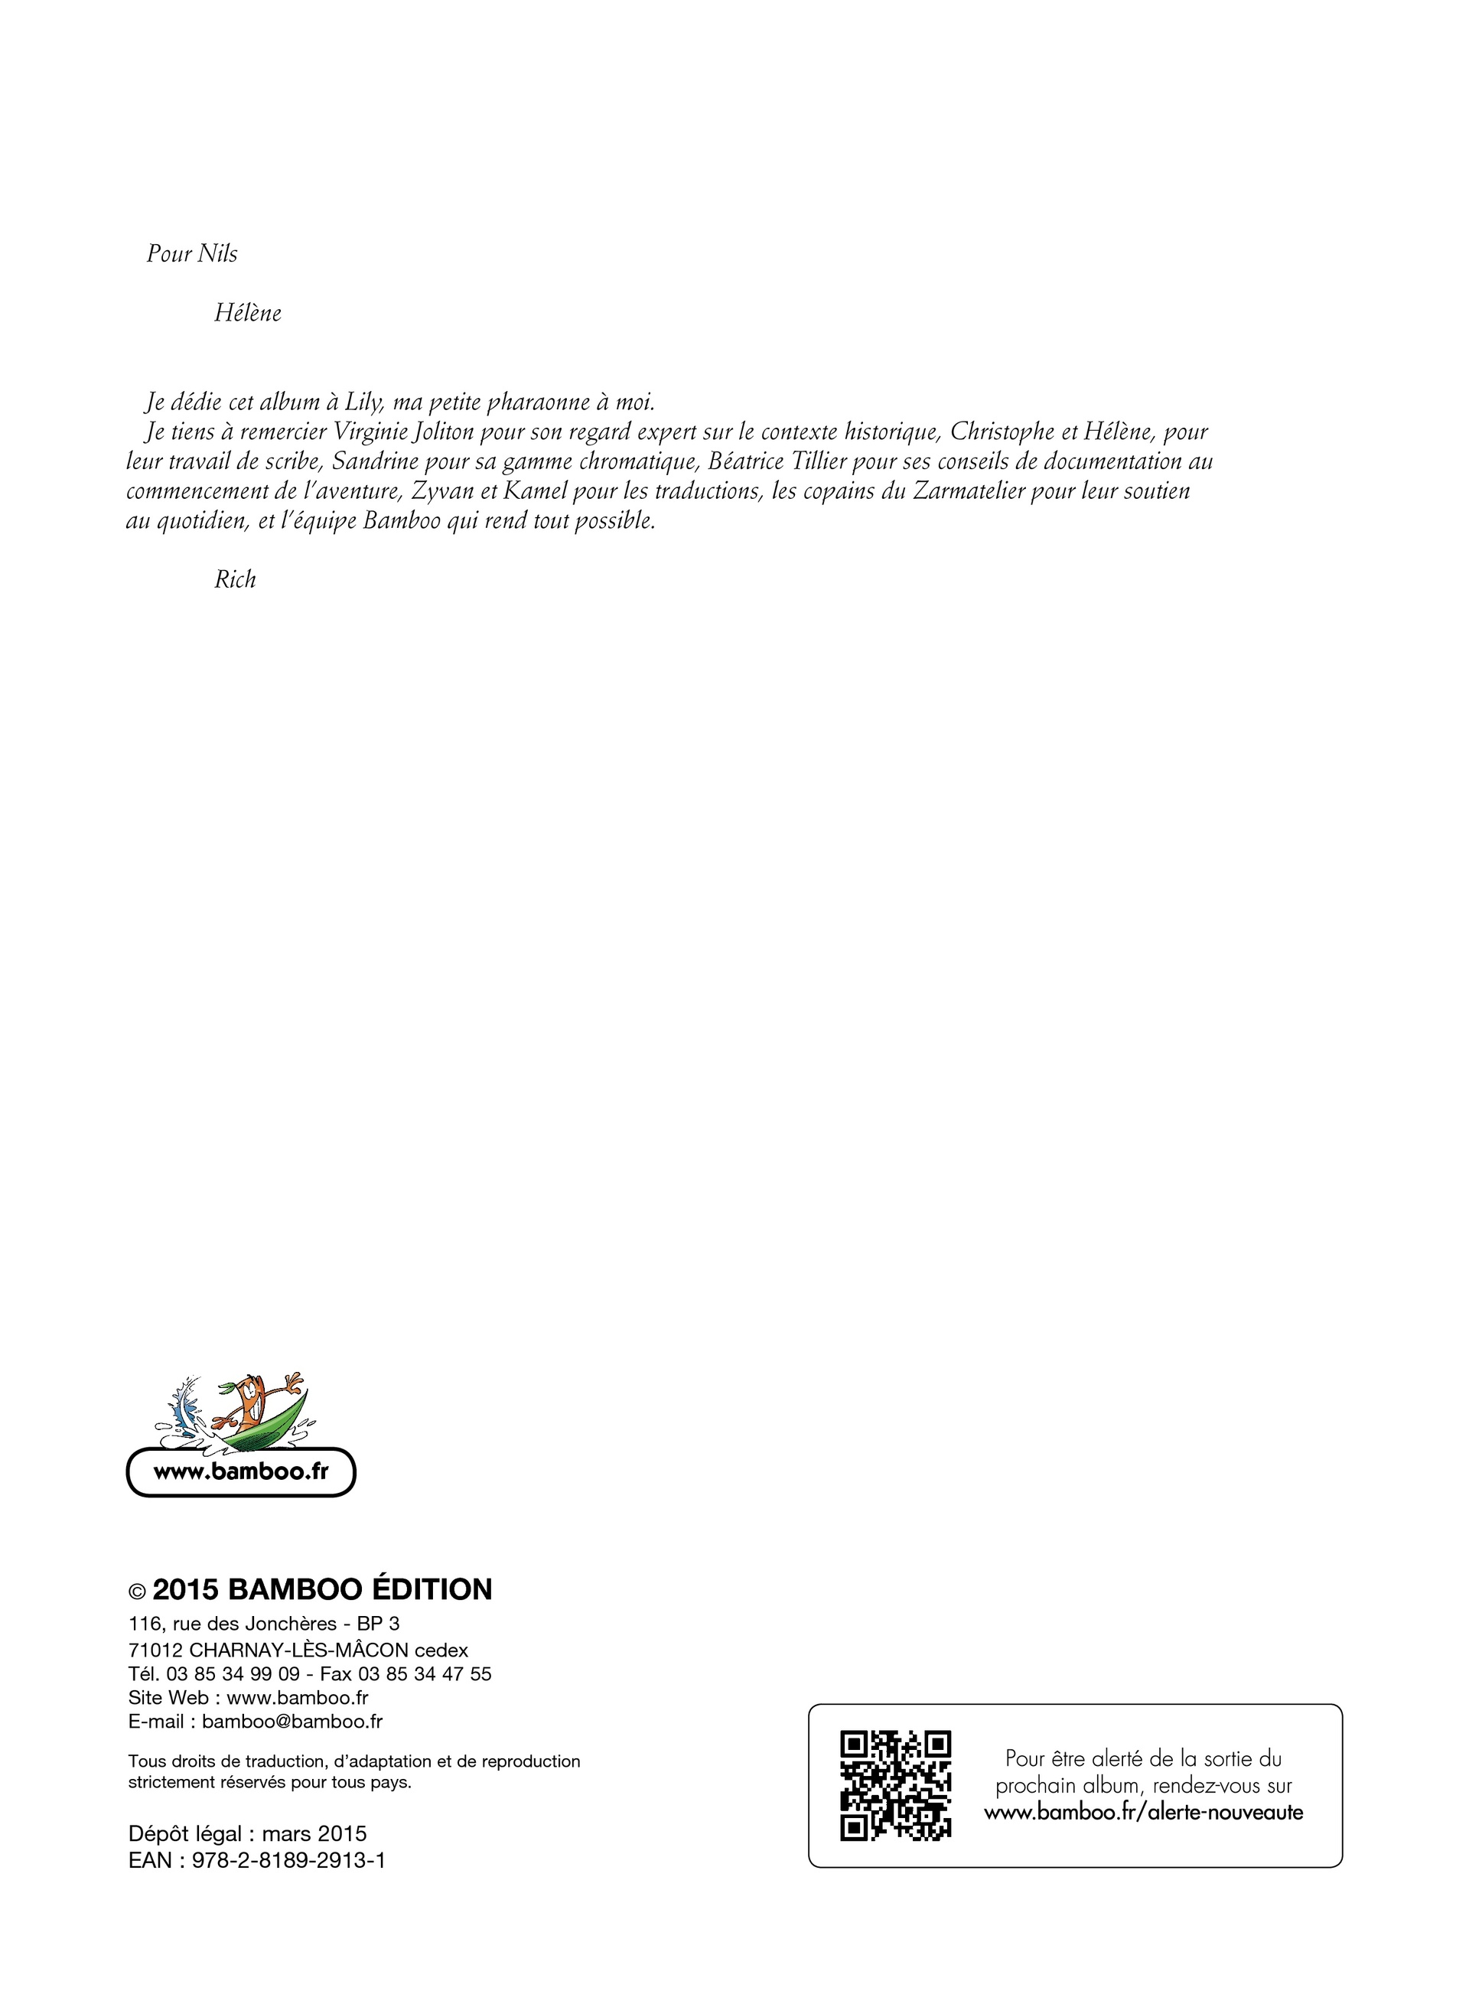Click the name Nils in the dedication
217,254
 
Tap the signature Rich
235,580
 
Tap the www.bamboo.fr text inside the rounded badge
241,1471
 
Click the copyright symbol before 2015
137,1592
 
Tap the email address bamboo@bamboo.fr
292,1721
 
